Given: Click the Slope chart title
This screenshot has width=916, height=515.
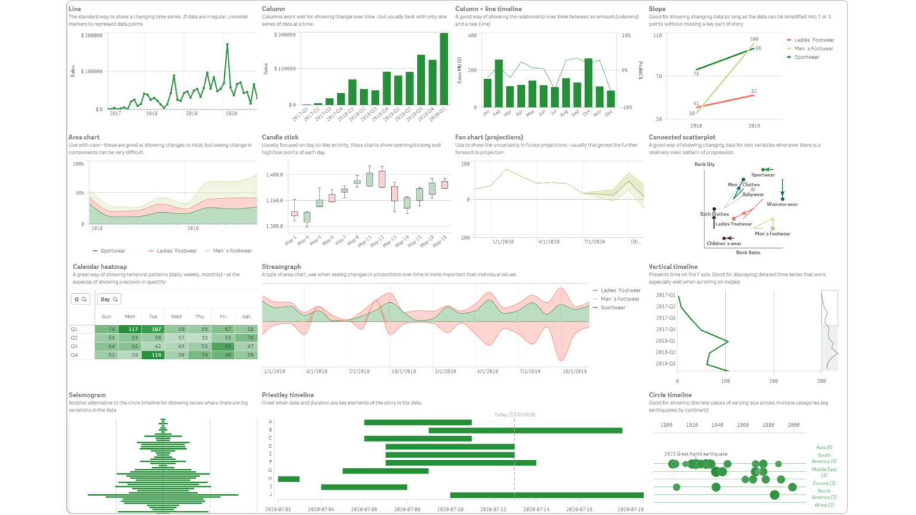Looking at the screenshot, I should [657, 9].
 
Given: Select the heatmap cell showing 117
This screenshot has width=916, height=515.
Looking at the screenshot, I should [129, 329].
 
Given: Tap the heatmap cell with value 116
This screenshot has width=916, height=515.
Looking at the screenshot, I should [153, 355].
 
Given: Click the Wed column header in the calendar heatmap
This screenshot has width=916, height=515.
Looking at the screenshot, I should [176, 317].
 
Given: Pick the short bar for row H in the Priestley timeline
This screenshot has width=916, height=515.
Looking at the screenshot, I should [289, 479].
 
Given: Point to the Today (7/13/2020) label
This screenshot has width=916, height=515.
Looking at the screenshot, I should [514, 414].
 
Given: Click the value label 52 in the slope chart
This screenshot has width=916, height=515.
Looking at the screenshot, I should [754, 91].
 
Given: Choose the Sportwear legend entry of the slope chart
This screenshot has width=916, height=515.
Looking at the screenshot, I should [806, 57].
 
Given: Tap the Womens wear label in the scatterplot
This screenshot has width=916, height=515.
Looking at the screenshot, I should [782, 204].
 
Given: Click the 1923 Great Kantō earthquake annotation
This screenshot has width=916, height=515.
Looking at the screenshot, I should [695, 454].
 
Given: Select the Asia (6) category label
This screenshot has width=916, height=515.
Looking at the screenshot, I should [824, 447].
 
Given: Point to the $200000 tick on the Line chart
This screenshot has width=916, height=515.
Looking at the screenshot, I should [92, 36].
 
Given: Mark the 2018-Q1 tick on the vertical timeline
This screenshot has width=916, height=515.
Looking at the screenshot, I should [666, 341].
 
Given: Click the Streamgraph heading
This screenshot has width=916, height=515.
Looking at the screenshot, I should [281, 266].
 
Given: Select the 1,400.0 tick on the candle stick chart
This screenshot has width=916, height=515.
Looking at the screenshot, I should [274, 175].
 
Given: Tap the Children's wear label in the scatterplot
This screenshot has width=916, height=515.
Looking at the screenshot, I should [723, 243].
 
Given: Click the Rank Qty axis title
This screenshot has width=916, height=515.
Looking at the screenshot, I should [704, 165].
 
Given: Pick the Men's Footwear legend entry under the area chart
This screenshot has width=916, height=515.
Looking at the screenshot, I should [232, 251].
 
